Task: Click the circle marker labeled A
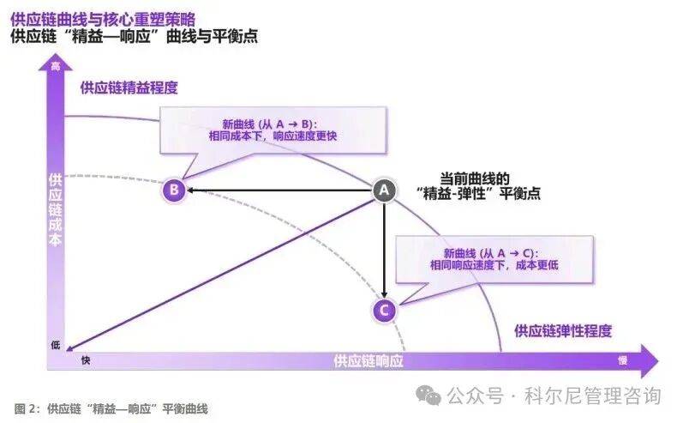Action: (x=384, y=190)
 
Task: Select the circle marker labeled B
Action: (x=174, y=190)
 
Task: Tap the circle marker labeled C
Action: (x=384, y=310)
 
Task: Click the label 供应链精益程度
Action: (x=134, y=87)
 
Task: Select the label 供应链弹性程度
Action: (x=563, y=330)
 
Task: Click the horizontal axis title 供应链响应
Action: (x=368, y=360)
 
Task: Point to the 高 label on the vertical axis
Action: (x=56, y=66)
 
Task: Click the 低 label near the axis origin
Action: (x=56, y=345)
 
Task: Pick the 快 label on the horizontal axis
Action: (x=85, y=360)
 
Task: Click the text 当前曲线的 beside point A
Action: (x=475, y=178)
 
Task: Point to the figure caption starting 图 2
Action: (x=111, y=408)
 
